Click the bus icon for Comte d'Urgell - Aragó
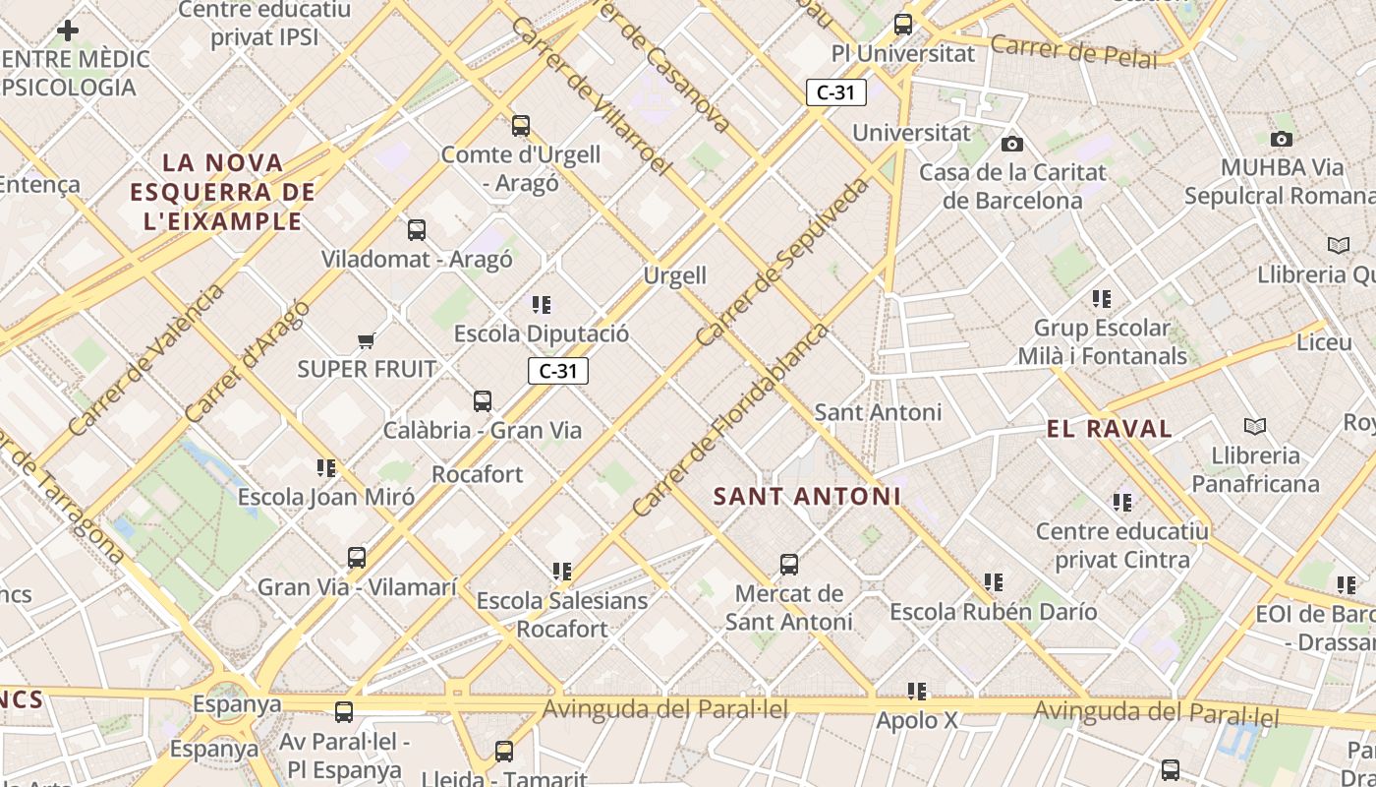click(521, 126)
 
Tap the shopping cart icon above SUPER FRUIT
click(367, 340)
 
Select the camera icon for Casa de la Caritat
click(1012, 145)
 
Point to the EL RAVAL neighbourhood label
click(1110, 429)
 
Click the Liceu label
click(1325, 342)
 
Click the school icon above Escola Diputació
click(542, 305)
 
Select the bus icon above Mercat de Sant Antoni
click(789, 565)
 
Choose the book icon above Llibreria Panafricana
click(1255, 426)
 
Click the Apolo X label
click(916, 720)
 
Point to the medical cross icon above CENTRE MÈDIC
click(68, 30)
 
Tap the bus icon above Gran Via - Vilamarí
click(357, 558)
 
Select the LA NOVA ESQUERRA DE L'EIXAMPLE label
click(222, 192)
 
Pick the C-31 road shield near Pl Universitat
click(835, 92)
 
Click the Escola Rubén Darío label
click(993, 612)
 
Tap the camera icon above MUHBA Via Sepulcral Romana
click(1282, 139)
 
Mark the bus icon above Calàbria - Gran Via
click(483, 401)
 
